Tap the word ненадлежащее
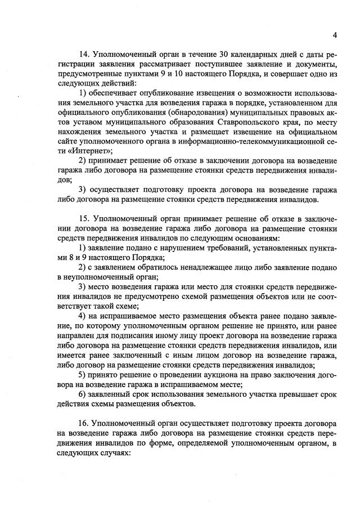(186, 268)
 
